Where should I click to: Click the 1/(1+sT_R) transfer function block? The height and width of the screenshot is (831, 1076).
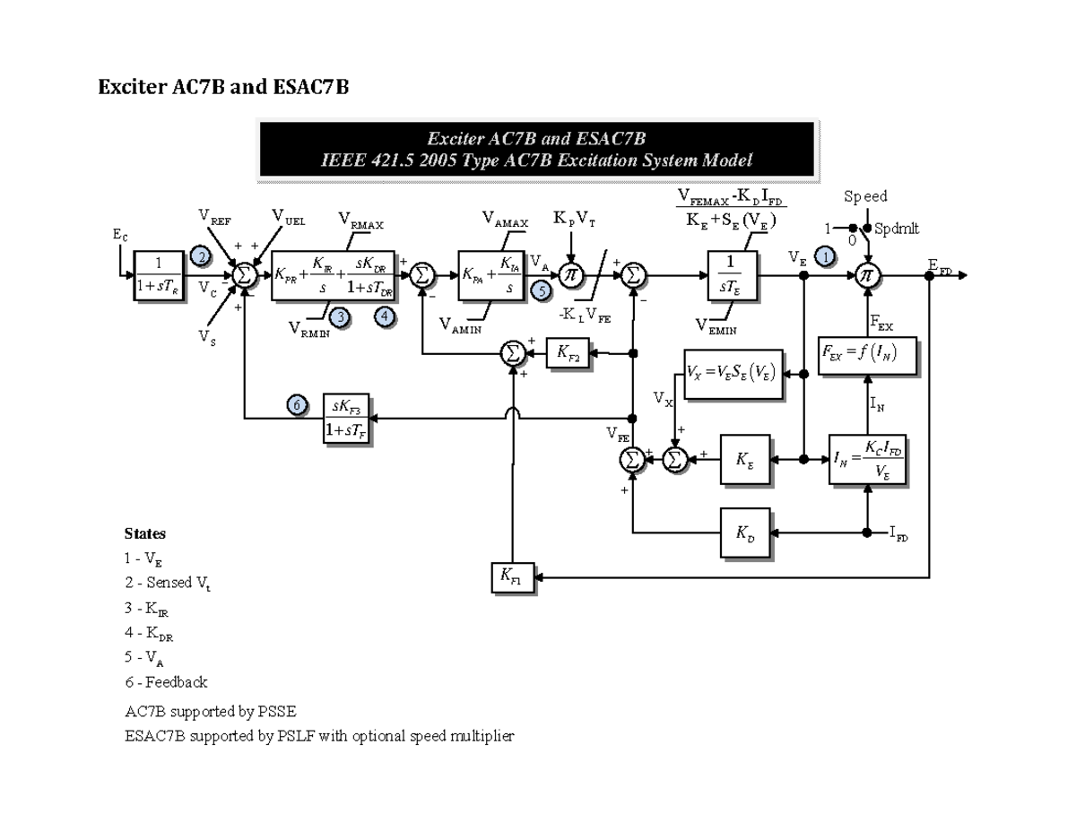[x=158, y=275]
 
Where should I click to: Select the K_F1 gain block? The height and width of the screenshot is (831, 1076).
[x=512, y=577]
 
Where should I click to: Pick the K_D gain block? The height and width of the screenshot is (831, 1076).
[x=745, y=532]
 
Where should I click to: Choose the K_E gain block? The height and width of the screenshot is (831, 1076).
[x=744, y=458]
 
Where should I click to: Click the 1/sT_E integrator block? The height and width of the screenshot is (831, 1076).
[x=733, y=275]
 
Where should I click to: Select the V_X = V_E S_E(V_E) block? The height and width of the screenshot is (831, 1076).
[x=733, y=370]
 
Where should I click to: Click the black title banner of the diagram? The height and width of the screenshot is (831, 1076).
[x=536, y=150]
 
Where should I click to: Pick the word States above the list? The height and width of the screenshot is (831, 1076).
[x=144, y=533]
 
